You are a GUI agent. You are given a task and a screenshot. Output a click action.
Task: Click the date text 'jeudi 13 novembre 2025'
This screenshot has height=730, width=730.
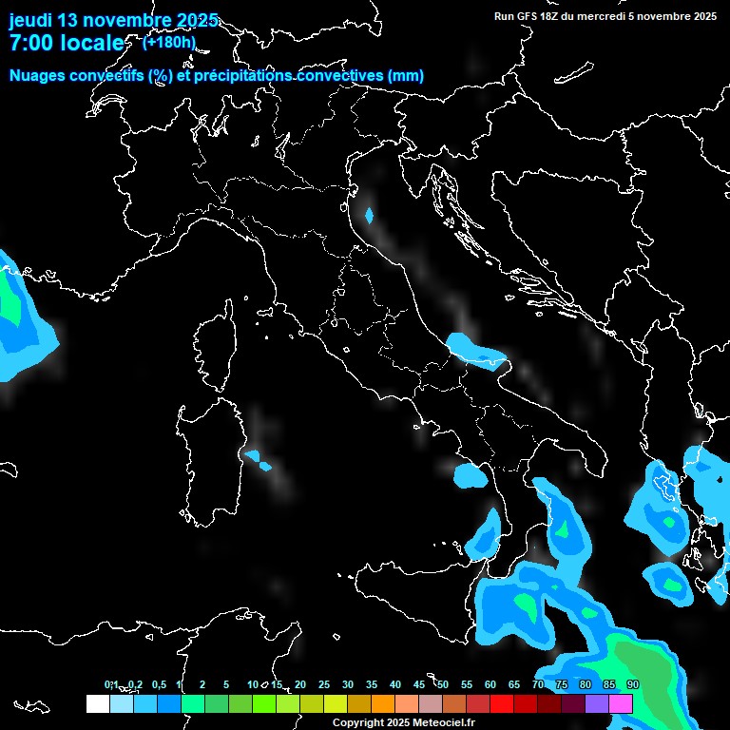pos(113,20)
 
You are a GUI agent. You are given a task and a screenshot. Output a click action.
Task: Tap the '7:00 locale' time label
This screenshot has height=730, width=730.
pos(66,43)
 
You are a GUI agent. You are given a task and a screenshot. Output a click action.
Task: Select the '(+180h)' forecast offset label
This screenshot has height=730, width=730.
pos(169,42)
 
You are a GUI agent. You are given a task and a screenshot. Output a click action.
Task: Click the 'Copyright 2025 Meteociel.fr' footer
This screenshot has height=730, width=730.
pos(403,722)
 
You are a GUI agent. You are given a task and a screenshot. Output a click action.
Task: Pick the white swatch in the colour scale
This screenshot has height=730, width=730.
pos(97,703)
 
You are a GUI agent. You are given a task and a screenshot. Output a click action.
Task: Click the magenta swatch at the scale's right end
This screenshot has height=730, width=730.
pos(621,703)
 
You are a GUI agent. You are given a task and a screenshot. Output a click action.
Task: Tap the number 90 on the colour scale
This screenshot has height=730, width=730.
pos(633,684)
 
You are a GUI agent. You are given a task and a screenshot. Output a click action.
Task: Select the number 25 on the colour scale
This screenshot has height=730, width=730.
pos(324,684)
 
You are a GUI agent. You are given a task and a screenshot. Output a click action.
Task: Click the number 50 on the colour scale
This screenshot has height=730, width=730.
pos(443,684)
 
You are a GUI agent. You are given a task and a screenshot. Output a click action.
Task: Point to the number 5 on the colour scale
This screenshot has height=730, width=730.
pos(226,684)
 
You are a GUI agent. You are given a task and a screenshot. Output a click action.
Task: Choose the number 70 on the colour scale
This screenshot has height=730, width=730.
pos(538,684)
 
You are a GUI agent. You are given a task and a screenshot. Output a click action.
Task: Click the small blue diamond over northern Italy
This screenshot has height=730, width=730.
pos(370,216)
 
